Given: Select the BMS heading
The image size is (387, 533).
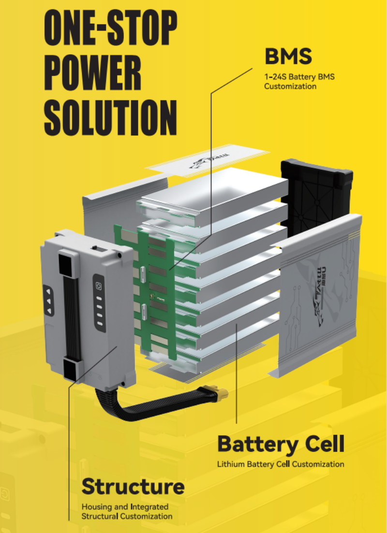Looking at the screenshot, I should (288, 57).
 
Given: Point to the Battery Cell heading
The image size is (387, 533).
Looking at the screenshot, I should (281, 444).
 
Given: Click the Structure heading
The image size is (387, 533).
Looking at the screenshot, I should (133, 486).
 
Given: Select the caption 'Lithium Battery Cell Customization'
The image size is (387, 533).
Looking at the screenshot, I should (281, 464).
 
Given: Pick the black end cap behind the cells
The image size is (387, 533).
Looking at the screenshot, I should (317, 194).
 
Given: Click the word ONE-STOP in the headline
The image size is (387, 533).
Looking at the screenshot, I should (111, 30).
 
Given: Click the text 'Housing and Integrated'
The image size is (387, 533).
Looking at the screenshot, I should (125, 507).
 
